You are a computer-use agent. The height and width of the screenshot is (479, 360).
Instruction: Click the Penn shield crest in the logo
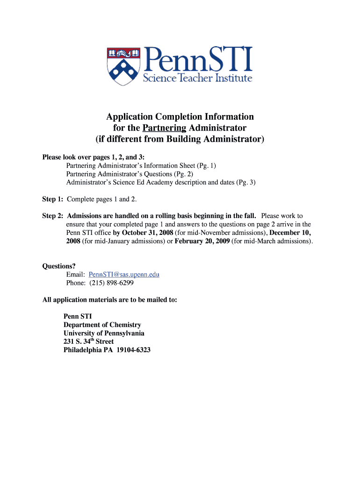coord(122,65)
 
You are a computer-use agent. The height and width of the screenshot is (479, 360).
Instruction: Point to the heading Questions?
coord(59,266)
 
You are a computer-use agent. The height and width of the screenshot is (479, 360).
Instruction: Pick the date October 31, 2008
coord(148,232)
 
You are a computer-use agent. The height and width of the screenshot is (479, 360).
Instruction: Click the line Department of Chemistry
coord(102,325)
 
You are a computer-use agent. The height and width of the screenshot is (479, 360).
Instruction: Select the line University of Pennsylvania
coord(104,333)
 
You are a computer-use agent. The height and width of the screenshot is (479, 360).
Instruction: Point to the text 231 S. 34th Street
coord(88,341)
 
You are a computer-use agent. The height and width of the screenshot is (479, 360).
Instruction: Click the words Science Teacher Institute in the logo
coord(197,78)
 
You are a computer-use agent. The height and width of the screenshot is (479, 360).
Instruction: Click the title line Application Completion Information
coord(180,116)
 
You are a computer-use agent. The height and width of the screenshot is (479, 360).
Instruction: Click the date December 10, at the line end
coord(290,232)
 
